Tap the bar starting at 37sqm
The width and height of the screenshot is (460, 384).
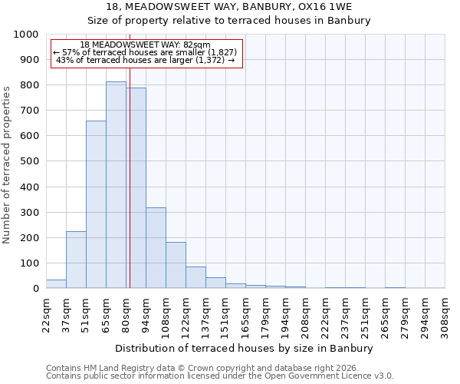pyautogui.click(x=76, y=260)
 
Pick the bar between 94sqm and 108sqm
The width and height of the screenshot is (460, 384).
pyautogui.click(x=156, y=248)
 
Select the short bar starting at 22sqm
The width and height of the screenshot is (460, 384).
pyautogui.click(x=56, y=284)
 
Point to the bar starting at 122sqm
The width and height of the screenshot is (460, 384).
pyautogui.click(x=195, y=278)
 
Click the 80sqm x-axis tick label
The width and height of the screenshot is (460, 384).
pyautogui.click(x=127, y=310)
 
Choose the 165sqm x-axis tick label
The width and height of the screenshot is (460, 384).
pyautogui.click(x=246, y=313)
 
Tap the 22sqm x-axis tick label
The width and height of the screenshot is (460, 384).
pyautogui.click(x=47, y=310)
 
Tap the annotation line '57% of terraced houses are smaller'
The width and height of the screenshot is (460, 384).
pyautogui.click(x=146, y=52)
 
